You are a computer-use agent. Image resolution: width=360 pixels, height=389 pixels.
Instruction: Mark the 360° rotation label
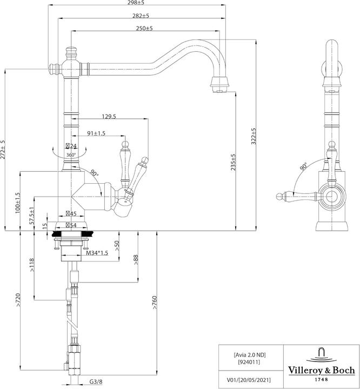click(x=71, y=155)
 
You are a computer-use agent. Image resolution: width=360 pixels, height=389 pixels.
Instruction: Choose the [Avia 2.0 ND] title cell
click(x=250, y=354)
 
